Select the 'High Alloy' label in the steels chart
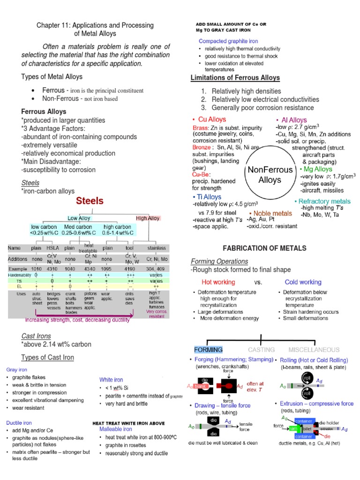[x=148, y=218]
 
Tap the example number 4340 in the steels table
[x=90, y=269]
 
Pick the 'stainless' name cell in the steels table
[x=156, y=248]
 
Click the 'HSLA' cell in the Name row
[x=52, y=248]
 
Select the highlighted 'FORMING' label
[x=208, y=350]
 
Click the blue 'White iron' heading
[x=111, y=379]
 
